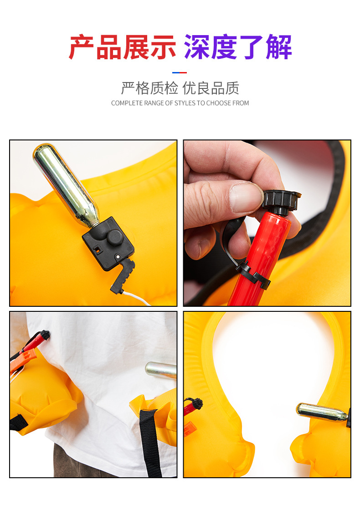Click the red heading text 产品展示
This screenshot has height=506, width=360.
click(x=122, y=47)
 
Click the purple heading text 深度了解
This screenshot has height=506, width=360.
click(x=238, y=47)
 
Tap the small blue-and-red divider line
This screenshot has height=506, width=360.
click(x=180, y=72)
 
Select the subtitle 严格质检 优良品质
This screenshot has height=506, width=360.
click(x=180, y=88)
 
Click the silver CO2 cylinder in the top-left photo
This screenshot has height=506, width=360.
click(x=66, y=185)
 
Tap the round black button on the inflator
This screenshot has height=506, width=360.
click(x=115, y=238)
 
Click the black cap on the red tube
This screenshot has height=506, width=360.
click(x=281, y=201)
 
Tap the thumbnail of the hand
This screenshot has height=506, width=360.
click(x=246, y=197)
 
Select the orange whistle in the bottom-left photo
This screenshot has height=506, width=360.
click(x=22, y=361)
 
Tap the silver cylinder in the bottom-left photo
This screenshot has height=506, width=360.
click(x=161, y=370)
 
